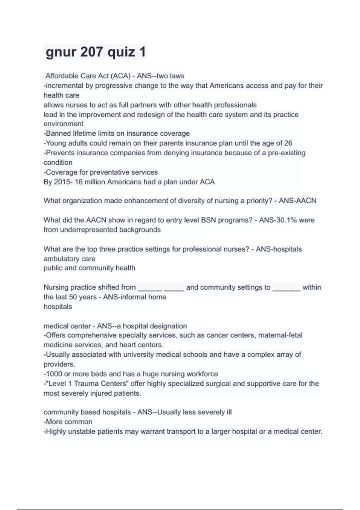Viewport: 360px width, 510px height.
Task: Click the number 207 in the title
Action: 91,52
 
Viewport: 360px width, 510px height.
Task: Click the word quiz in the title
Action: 121,52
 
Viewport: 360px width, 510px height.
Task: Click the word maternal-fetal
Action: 280,335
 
